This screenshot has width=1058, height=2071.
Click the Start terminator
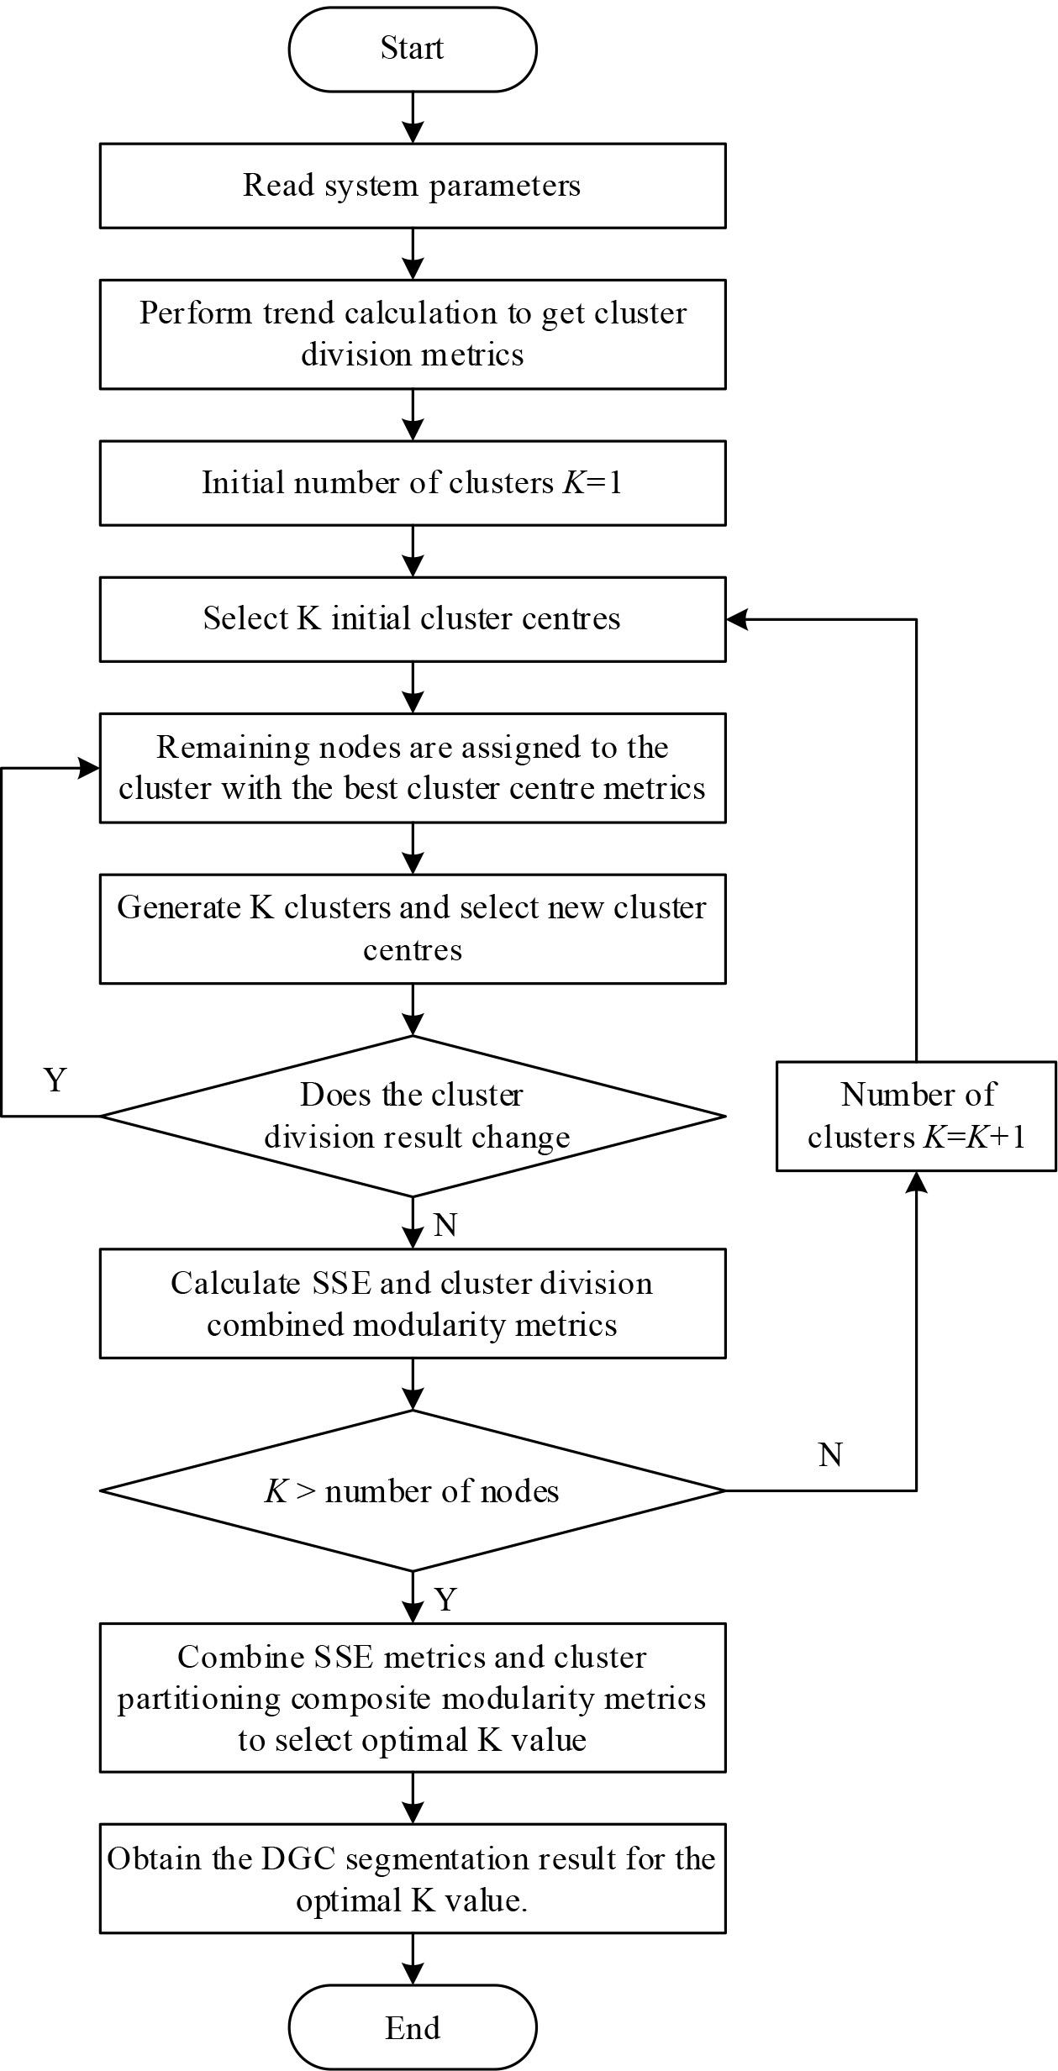[x=412, y=49]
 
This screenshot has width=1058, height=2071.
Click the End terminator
[x=412, y=2027]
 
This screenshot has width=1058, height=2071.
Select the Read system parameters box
[x=412, y=186]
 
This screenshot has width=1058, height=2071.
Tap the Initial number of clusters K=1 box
[x=412, y=483]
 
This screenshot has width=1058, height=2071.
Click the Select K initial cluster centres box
[x=412, y=619]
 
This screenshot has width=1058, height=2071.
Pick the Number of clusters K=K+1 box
[x=915, y=1116]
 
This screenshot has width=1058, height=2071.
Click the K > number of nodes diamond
[x=412, y=1490]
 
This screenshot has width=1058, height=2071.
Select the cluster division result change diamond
[x=412, y=1116]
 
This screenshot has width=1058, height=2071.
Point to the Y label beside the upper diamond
[x=55, y=1080]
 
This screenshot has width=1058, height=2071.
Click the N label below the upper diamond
[x=445, y=1226]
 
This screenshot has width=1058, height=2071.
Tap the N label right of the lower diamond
[x=830, y=1454]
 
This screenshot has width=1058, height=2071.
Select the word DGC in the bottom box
[x=299, y=1858]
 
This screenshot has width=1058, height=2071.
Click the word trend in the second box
[x=299, y=313]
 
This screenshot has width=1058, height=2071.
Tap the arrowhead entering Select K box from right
[x=736, y=619]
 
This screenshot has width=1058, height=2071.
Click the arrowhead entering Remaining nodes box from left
[x=89, y=768]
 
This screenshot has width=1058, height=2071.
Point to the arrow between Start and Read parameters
[x=412, y=118]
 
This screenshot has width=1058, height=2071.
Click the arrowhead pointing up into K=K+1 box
[x=915, y=1181]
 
